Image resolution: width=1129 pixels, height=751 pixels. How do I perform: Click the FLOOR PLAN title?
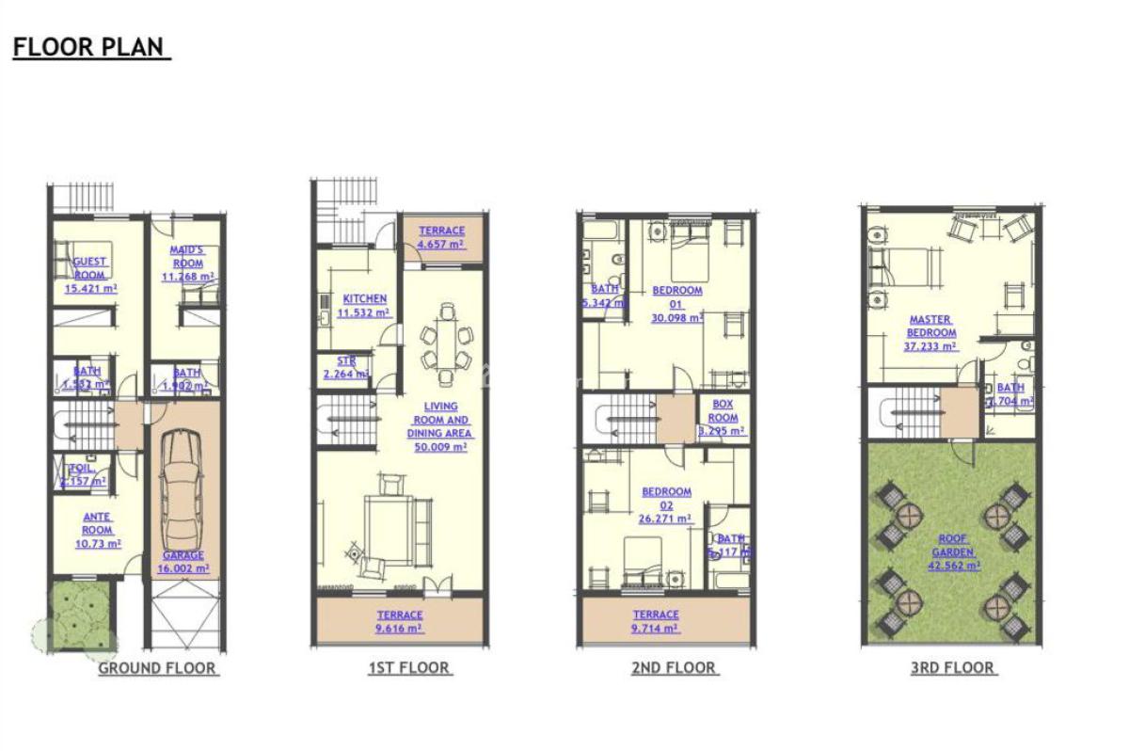90,47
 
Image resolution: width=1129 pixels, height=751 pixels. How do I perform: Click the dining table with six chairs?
441,340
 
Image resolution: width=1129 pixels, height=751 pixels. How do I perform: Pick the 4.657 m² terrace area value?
441,246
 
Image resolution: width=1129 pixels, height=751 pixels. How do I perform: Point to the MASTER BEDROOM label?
930,326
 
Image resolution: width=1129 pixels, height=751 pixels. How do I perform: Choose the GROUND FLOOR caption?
158,669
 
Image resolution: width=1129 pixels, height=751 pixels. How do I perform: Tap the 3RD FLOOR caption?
952,668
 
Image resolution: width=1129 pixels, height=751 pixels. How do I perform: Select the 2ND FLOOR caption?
674,668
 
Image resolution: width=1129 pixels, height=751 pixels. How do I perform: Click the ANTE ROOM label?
97,523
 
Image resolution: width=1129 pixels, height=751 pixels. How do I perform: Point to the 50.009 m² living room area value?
440,448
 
